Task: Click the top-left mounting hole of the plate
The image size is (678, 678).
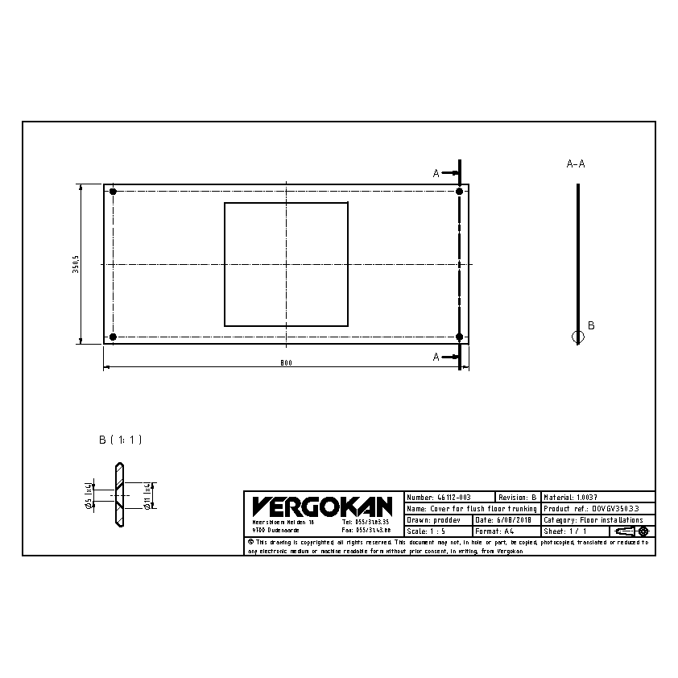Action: tap(113, 192)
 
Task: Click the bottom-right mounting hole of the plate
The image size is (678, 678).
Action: tap(459, 337)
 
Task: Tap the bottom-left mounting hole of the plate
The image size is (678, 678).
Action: tap(113, 337)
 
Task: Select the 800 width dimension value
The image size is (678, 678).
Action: tap(286, 362)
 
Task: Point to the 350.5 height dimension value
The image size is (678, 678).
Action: tap(76, 265)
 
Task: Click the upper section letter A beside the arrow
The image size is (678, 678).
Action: tap(436, 173)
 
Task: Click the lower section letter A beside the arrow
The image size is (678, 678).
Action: tap(436, 356)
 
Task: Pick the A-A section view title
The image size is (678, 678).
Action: tap(576, 163)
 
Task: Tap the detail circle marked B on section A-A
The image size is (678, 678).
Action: tap(577, 337)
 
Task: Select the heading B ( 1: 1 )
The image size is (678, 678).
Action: tap(120, 440)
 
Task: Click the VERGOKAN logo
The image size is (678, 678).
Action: tap(321, 506)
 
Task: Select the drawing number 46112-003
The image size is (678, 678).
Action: tap(439, 498)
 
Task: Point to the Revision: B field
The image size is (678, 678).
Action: tap(517, 498)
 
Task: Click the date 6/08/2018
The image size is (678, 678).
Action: tap(504, 520)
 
